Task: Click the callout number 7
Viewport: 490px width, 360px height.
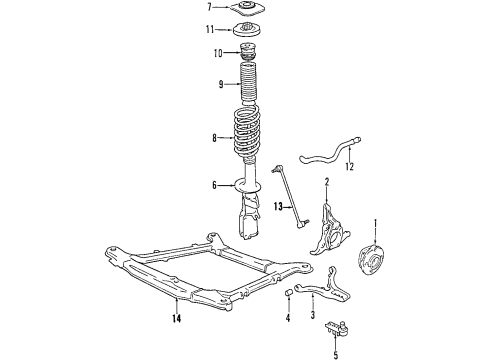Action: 209,8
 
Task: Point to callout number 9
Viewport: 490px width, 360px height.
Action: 208,84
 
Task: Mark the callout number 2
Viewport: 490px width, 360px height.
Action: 326,181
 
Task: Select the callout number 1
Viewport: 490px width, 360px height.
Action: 375,222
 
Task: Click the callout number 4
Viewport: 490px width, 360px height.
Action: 286,318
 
